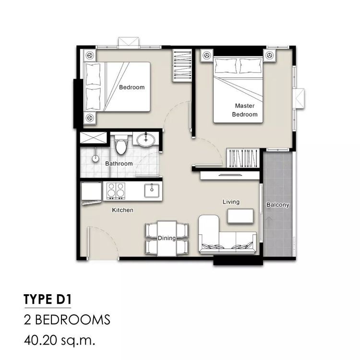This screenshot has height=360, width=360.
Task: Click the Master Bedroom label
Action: pyautogui.click(x=245, y=110)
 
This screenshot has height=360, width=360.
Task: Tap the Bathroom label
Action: pyautogui.click(x=119, y=164)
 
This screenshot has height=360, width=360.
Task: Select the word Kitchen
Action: pyautogui.click(x=122, y=210)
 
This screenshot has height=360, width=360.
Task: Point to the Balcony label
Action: pyautogui.click(x=277, y=205)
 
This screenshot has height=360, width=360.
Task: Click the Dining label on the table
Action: pyautogui.click(x=167, y=238)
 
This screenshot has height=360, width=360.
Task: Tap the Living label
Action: pyautogui.click(x=231, y=202)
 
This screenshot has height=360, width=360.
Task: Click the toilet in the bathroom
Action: pyautogui.click(x=121, y=144)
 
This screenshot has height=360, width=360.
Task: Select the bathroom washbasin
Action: pyautogui.click(x=146, y=139)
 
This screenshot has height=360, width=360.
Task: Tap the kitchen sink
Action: pyautogui.click(x=152, y=191)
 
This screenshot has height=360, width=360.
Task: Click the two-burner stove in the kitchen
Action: pyautogui.click(x=116, y=191)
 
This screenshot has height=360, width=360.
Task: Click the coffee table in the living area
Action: pyautogui.click(x=240, y=216)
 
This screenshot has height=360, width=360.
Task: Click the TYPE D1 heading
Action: pyautogui.click(x=48, y=299)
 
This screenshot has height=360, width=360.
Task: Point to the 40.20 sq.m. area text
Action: pyautogui.click(x=60, y=341)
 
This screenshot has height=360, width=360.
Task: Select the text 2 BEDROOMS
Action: pyautogui.click(x=67, y=320)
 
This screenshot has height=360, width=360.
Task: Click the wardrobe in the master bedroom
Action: pyautogui.click(x=243, y=158)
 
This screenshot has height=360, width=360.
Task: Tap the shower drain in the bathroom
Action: pyautogui.click(x=96, y=158)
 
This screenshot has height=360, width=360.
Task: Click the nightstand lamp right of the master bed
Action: pyautogui.click(x=269, y=55)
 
